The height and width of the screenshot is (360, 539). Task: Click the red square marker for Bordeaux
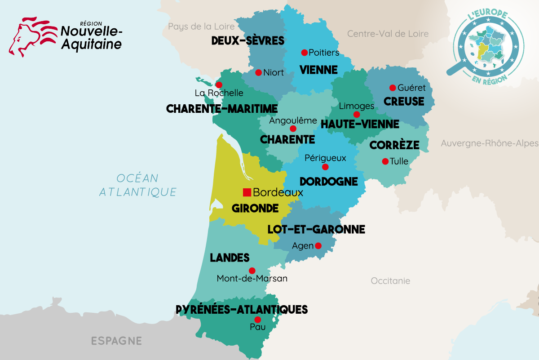pyautogui.click(x=247, y=192)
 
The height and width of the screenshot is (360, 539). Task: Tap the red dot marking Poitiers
pyautogui.click(x=304, y=53)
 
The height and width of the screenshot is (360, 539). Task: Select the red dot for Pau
pyautogui.click(x=257, y=320)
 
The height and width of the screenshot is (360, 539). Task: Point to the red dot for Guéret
pyautogui.click(x=392, y=88)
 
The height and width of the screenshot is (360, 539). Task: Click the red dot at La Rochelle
pyautogui.click(x=219, y=85)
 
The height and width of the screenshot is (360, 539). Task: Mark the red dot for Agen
pyautogui.click(x=318, y=245)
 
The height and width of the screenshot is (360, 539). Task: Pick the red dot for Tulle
pyautogui.click(x=385, y=161)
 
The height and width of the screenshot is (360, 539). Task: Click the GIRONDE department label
pyautogui.click(x=255, y=209)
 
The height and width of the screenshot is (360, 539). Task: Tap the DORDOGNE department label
pyautogui.click(x=328, y=182)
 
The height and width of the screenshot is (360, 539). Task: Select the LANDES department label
pyautogui.click(x=230, y=258)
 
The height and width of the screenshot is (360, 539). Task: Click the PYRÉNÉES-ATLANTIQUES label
pyautogui.click(x=242, y=310)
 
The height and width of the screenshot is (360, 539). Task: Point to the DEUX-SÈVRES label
pyautogui.click(x=247, y=41)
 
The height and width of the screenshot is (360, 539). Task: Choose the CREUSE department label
pyautogui.click(x=404, y=102)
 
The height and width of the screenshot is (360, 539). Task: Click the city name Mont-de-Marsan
pyautogui.click(x=252, y=279)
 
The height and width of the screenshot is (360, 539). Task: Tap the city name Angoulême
pyautogui.click(x=293, y=120)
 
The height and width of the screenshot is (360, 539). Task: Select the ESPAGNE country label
pyautogui.click(x=116, y=341)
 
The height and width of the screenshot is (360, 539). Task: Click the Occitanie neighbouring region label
pyautogui.click(x=390, y=281)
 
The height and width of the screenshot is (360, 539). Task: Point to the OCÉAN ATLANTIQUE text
pyautogui.click(x=137, y=185)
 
